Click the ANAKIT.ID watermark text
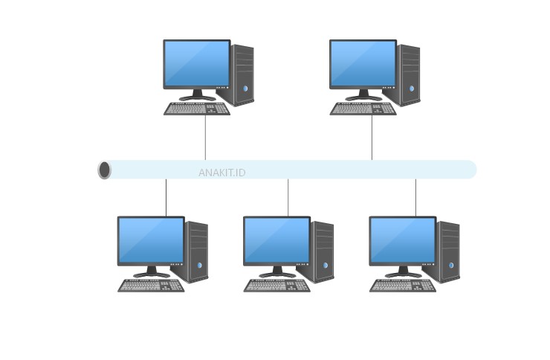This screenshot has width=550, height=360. tap(221, 173)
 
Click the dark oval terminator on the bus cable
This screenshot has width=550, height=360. tap(105, 170)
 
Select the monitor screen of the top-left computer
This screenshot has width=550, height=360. tap(196, 63)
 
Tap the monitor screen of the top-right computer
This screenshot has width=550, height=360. tap(363, 63)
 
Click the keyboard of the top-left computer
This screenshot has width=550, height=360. tap(197, 109)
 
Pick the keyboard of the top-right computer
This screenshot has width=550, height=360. tap(363, 109)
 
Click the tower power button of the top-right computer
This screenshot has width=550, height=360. tap(412, 89)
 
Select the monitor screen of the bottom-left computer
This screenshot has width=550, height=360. tap(151, 240)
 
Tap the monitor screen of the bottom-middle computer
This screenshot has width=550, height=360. tap(276, 240)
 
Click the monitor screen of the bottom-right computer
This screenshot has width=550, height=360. tap(403, 240)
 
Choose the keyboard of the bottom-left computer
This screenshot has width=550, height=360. tap(151, 286)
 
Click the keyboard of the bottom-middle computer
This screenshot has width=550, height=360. tap(276, 286)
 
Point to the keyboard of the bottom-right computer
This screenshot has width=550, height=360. tap(403, 286)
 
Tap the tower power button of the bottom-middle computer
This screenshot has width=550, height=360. tap(326, 266)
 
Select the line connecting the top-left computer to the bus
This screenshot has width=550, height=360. tap(206, 138)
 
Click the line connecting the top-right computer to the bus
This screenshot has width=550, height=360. tap(372, 138)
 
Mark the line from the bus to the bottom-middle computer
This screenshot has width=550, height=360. tap(288, 198)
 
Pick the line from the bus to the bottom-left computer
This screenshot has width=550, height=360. tap(166, 198)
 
